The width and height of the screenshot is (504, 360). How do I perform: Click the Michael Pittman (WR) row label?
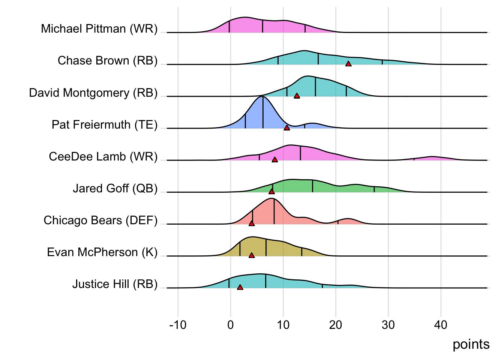coord(99,29)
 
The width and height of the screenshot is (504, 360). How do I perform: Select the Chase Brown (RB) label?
coord(108,61)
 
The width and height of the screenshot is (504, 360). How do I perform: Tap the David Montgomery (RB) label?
coord(93,93)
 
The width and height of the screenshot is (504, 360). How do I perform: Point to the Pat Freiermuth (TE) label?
coord(105,124)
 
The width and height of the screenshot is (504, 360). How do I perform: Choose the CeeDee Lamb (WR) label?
coord(103,156)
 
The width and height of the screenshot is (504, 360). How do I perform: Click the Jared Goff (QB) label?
coord(115,188)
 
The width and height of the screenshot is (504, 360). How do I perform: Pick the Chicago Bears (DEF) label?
coord(100,220)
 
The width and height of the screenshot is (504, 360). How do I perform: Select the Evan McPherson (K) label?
coord(102,252)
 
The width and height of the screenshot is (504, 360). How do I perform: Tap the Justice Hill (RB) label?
coord(115,284)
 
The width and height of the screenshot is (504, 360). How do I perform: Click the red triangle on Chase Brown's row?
coord(348,64)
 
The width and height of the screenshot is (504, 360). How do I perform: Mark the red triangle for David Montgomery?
coord(297,96)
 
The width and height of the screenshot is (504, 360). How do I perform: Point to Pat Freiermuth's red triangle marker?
coord(287,128)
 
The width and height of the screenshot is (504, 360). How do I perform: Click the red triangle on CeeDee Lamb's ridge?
coord(274,160)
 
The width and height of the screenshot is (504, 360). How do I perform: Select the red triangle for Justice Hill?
coord(240,287)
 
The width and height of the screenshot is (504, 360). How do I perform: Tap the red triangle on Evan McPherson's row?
coord(252,255)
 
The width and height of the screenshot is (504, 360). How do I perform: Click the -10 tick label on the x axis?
coord(178,325)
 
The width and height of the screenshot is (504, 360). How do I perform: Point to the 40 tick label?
coord(441,325)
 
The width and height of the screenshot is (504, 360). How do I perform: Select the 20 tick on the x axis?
coord(336,325)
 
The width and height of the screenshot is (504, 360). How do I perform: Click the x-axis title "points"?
coord(471,344)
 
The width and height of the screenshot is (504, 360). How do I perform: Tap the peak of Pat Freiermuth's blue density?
coord(262,97)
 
